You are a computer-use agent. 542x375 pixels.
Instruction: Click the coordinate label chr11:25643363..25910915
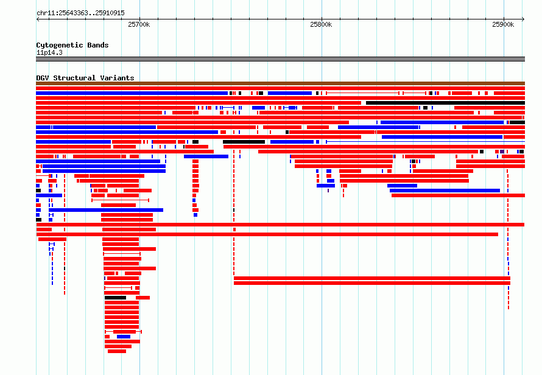coord(80,13)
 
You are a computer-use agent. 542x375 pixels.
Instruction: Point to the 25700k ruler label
coord(139,24)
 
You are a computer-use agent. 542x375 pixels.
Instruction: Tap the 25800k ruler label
coord(321,24)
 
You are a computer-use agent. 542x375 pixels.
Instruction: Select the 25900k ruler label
coord(503,24)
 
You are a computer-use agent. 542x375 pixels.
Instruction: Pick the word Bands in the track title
coord(98,45)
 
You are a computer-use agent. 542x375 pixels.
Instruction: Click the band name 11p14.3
coord(49,52)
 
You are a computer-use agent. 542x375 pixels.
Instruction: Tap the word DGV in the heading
coord(43,78)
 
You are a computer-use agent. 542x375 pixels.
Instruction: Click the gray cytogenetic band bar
coord(280,59)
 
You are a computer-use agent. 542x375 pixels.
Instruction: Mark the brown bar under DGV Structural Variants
coord(280,83)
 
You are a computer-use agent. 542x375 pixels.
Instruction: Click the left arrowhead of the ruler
coord(37,19)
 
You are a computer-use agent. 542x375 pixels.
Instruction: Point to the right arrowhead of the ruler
coord(523,19)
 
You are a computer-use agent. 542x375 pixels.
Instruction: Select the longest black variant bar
coord(445,103)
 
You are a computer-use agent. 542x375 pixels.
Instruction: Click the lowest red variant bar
coord(117,351)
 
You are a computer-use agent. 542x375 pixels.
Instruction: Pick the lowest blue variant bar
coord(124,337)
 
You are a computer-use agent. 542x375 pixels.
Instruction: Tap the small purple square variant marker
coord(502,152)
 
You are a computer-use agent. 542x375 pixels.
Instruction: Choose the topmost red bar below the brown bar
coord(280,88)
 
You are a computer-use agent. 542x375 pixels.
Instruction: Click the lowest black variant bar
coord(116,298)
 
